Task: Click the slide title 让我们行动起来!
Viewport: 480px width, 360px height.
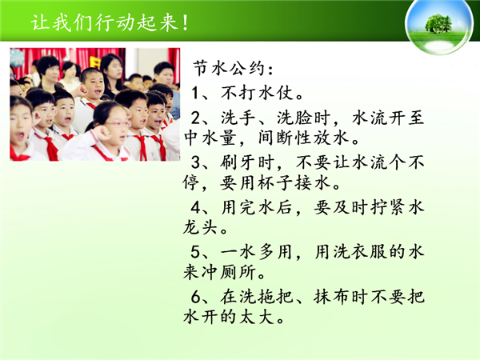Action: click(x=110, y=22)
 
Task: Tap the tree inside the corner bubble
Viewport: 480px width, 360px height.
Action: click(x=438, y=23)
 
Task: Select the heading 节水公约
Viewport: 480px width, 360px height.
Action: click(x=230, y=68)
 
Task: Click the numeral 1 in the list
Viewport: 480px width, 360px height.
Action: click(x=195, y=93)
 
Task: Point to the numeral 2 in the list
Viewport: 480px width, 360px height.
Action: click(x=196, y=118)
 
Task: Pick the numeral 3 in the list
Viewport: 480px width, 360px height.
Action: click(x=196, y=162)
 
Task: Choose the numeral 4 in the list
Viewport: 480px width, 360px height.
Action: click(x=196, y=207)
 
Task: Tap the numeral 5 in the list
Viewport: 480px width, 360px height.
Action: click(x=196, y=252)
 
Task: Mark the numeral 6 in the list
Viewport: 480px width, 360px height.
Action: click(x=196, y=297)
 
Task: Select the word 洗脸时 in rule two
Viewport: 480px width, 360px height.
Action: click(x=304, y=118)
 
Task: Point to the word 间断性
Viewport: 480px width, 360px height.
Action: click(x=285, y=138)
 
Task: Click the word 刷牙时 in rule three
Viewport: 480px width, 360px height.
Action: click(x=247, y=162)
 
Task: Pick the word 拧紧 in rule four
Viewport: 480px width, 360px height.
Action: click(x=387, y=207)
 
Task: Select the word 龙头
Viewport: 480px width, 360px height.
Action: click(x=201, y=227)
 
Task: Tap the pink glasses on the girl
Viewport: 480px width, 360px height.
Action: click(x=118, y=124)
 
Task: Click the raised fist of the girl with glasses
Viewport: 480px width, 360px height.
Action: click(x=102, y=133)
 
